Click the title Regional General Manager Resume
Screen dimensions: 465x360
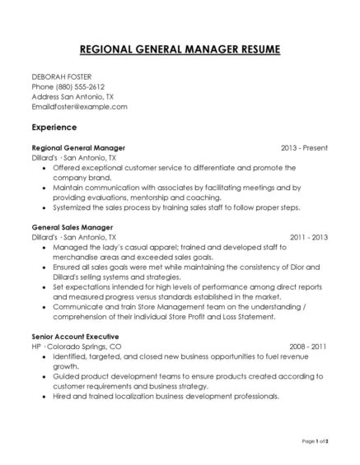click(x=180, y=49)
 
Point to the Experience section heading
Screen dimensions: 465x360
click(x=54, y=128)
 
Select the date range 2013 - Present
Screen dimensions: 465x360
click(x=304, y=147)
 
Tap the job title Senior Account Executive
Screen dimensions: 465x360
click(x=76, y=337)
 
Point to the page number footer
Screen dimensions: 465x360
click(x=316, y=442)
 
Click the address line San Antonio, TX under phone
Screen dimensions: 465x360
click(x=91, y=95)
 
